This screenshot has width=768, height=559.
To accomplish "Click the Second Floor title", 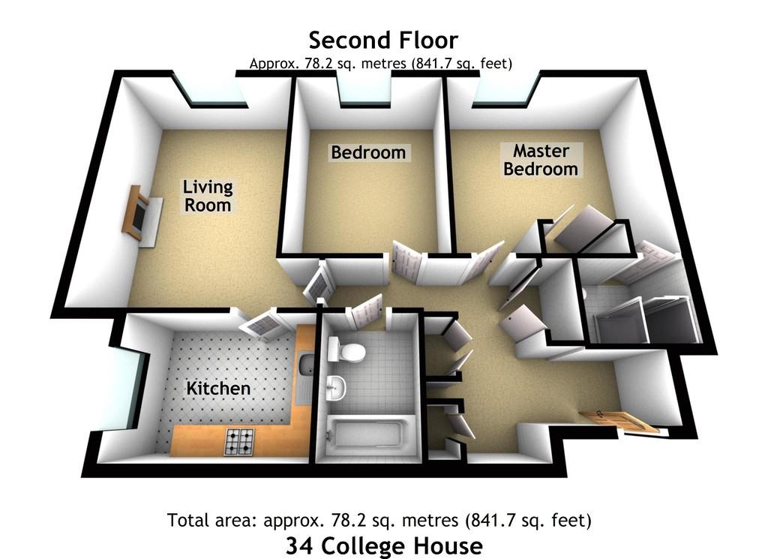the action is tap(383, 41).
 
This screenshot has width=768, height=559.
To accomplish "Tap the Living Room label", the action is tap(208, 196).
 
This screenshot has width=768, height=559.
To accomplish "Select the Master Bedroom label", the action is tap(541, 160).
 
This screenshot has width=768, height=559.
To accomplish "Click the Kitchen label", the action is tap(218, 389).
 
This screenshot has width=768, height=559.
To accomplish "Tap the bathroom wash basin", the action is tap(335, 387).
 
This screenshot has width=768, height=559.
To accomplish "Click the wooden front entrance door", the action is tap(620, 421).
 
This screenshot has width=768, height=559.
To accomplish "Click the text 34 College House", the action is tap(384, 545).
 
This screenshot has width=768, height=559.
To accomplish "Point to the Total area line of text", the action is tap(379, 520).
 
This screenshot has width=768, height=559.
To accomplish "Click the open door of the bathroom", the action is tap(366, 310).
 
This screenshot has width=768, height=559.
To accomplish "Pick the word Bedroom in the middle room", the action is tap(368, 152).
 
